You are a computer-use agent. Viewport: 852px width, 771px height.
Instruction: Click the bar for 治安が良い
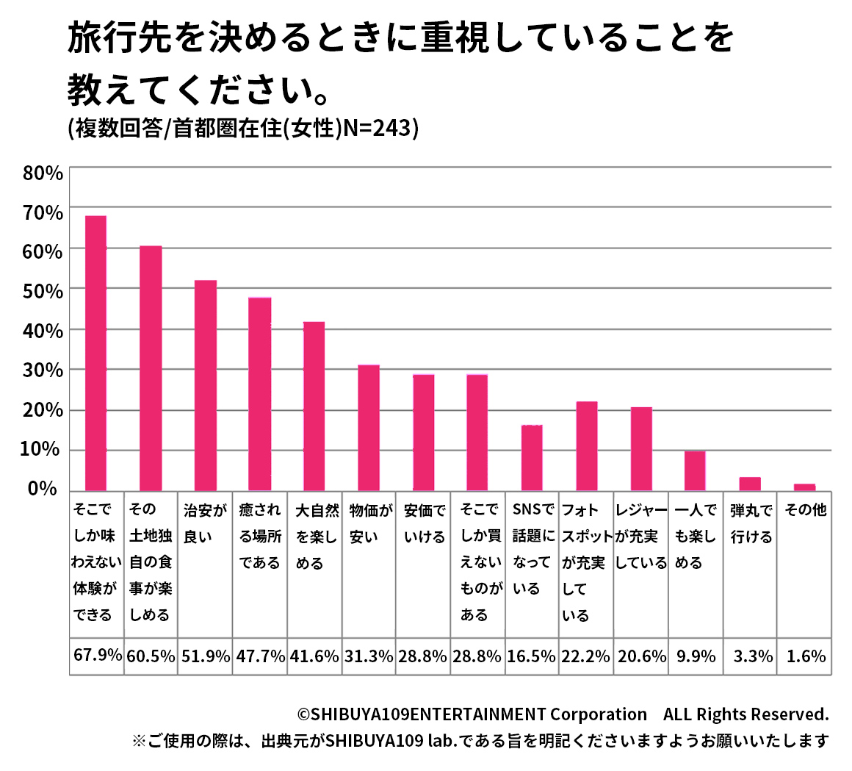(206, 385)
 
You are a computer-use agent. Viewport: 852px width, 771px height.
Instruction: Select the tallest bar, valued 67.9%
(96, 353)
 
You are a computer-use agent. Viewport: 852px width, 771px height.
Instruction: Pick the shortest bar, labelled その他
(805, 487)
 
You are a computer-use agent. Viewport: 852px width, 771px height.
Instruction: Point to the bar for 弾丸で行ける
(750, 484)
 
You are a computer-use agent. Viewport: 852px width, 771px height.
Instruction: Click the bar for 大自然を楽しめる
(314, 406)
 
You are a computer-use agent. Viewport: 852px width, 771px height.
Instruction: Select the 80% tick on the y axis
(43, 173)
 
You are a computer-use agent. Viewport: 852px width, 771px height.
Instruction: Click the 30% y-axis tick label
(43, 370)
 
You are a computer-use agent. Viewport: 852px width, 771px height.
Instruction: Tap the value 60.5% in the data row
(151, 656)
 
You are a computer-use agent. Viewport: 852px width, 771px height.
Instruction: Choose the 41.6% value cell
(314, 656)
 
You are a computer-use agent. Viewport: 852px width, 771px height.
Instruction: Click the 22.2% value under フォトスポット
(585, 656)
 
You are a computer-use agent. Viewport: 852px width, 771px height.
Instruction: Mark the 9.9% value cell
(695, 656)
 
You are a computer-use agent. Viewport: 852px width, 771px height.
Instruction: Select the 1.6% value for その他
(806, 656)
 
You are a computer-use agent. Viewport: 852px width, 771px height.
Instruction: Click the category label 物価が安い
(369, 523)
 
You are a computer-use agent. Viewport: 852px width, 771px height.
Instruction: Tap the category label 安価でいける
(425, 523)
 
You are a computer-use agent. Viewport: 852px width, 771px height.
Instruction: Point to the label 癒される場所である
(260, 537)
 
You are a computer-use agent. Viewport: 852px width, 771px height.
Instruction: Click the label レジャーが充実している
(640, 537)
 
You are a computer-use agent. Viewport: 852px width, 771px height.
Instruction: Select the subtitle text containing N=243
(242, 129)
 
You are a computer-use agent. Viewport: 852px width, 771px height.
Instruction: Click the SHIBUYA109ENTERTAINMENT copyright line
(563, 714)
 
